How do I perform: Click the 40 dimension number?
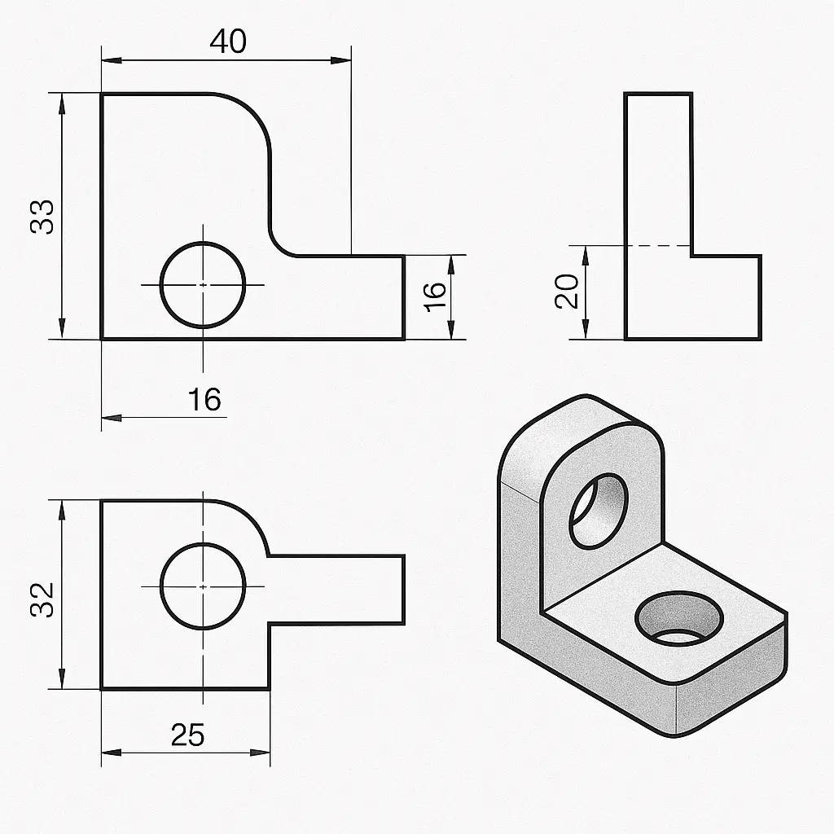[x=228, y=42]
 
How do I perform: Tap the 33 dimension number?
[x=42, y=217]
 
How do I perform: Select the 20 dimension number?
[x=567, y=291]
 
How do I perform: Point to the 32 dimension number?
[x=42, y=599]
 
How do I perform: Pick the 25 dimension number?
[x=188, y=735]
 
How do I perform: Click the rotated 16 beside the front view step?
[x=435, y=296]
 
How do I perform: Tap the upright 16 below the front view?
[x=204, y=399]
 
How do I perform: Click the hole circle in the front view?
[x=161, y=285]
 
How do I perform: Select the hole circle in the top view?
[x=161, y=586]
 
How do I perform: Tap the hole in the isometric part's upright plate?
[x=599, y=511]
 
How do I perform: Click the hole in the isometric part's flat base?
[x=679, y=619]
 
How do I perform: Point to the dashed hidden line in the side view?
[x=658, y=246]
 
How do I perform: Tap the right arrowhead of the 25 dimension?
[x=260, y=753]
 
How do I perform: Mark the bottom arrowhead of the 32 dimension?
[x=62, y=678]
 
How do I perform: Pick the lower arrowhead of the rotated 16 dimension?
[x=451, y=329]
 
